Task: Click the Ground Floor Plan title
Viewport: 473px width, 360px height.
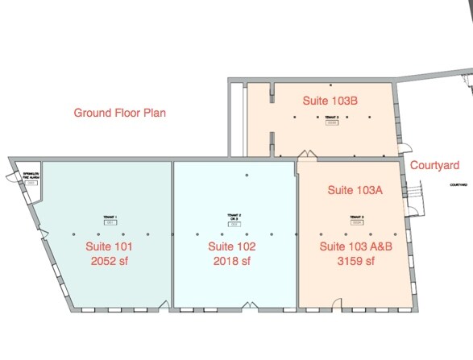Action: click(x=120, y=113)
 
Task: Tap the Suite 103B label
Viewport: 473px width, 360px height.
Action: click(x=330, y=101)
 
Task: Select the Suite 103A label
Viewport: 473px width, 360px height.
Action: click(x=354, y=190)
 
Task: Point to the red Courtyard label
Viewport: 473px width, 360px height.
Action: click(x=434, y=165)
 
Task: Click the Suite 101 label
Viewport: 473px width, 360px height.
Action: click(x=110, y=246)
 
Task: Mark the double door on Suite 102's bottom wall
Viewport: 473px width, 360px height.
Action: click(x=250, y=304)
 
